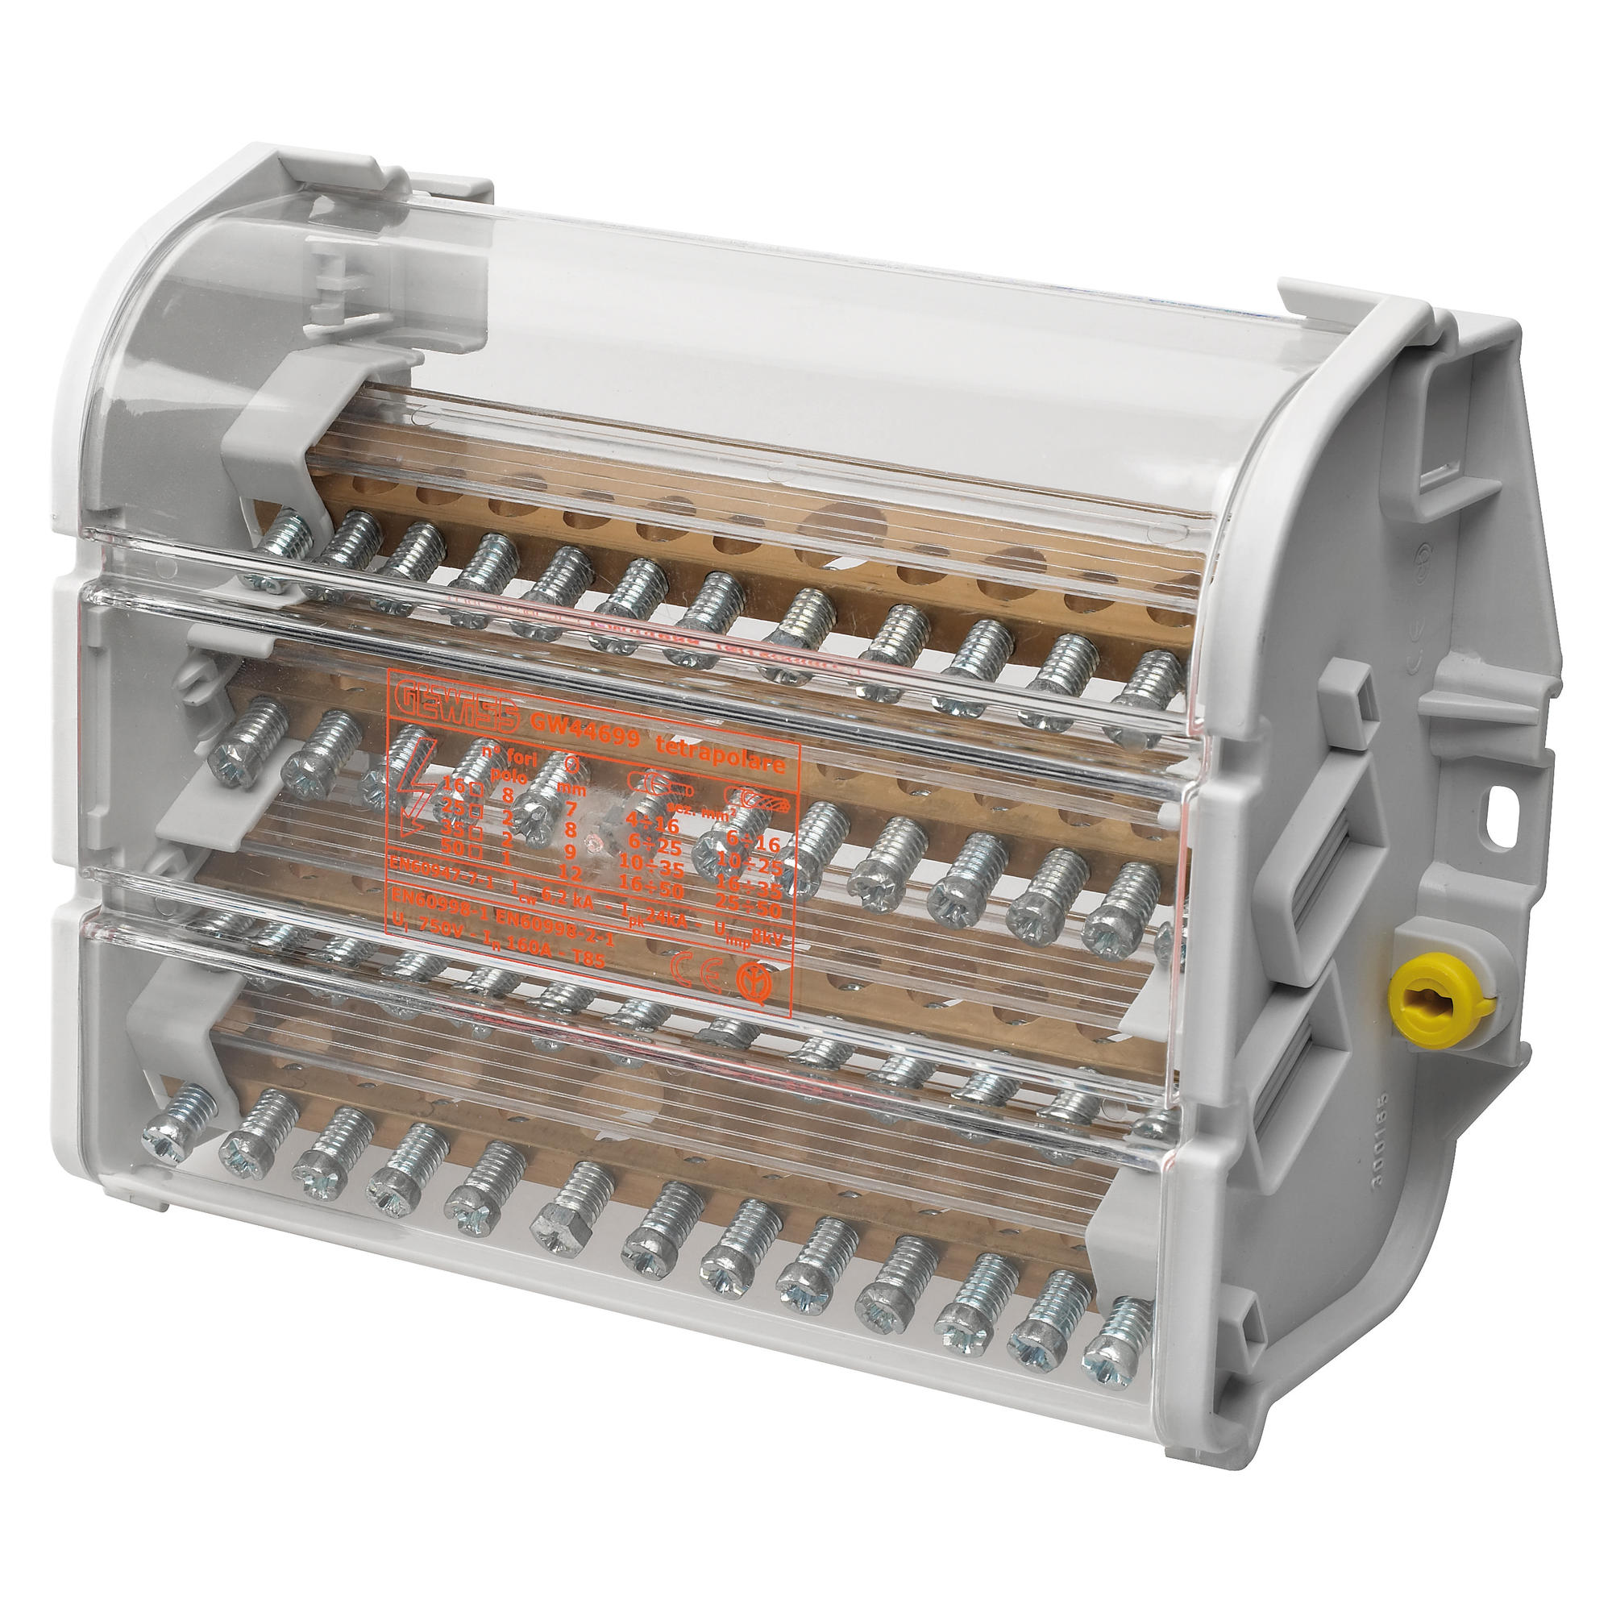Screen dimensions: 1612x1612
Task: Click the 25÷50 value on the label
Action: tap(749, 909)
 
